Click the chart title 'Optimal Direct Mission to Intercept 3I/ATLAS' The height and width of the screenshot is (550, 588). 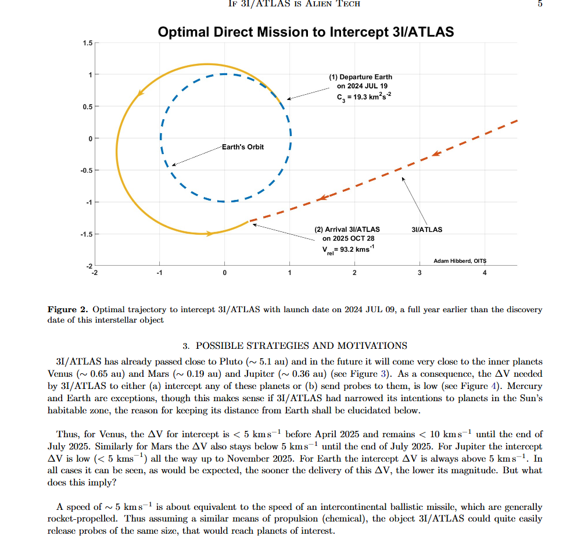(x=306, y=32)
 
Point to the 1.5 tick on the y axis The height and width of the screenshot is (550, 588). (x=87, y=43)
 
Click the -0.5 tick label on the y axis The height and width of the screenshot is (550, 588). (x=86, y=170)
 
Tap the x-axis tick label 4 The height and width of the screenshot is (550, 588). (x=485, y=273)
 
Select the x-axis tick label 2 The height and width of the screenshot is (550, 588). (x=354, y=273)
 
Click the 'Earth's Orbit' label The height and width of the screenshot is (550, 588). (x=243, y=147)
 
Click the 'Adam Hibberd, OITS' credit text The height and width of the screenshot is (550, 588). (x=460, y=260)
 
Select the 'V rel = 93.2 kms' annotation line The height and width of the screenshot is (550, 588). (x=349, y=249)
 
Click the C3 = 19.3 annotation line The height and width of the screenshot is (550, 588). (x=364, y=97)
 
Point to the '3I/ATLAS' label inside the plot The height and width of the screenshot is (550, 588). (x=426, y=230)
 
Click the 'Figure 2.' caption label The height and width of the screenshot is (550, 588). (x=67, y=309)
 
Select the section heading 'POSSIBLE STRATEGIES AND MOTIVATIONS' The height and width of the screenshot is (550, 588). (x=301, y=345)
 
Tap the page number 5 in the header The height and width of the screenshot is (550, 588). (x=540, y=3)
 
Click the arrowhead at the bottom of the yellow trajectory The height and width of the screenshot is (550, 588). (x=210, y=233)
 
